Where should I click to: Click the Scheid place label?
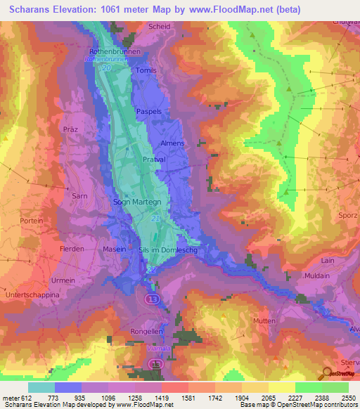(160, 27)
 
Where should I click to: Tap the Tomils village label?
(147, 71)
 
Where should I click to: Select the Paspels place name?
(159, 111)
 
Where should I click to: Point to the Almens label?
(172, 143)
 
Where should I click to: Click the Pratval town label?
(154, 160)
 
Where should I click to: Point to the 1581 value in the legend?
(176, 397)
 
